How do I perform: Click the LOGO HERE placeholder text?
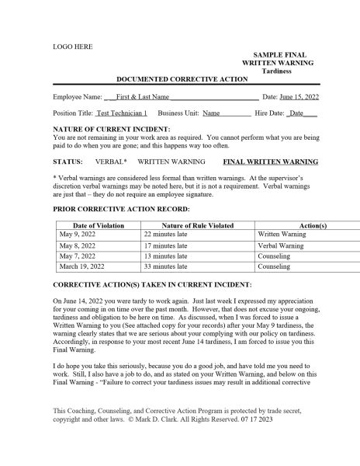coord(70,45)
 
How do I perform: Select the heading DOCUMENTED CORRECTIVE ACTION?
coord(182,79)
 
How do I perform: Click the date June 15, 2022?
coord(299,98)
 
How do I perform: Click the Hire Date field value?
coord(300,113)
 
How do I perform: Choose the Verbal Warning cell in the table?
coord(280,245)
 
